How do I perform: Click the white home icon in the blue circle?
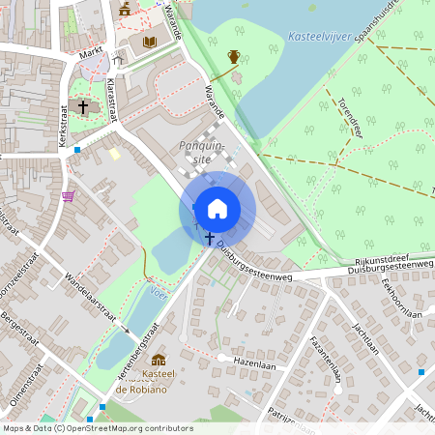217,208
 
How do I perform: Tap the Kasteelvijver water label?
318,38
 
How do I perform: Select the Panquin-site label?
202,153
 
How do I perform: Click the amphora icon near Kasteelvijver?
234,56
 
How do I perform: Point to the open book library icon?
149,42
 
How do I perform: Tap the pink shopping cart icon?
68,196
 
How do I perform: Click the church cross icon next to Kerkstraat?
83,106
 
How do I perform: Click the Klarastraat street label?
113,100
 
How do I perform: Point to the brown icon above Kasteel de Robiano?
158,361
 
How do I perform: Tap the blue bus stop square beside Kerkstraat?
77,151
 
